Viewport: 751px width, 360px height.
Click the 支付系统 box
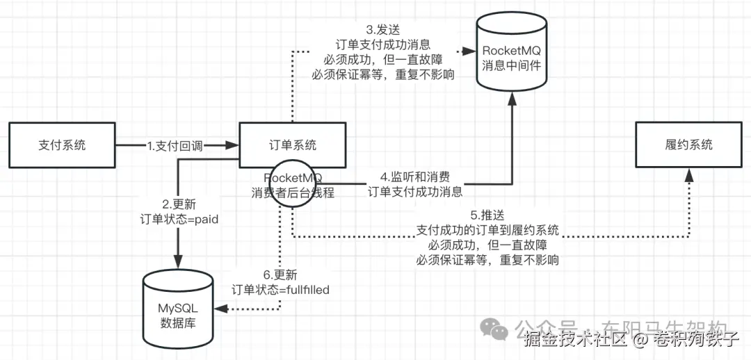click(x=61, y=145)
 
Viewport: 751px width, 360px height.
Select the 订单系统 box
click(x=293, y=145)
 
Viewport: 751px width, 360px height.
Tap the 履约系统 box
click(x=688, y=145)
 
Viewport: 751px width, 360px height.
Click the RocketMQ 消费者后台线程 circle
click(x=293, y=184)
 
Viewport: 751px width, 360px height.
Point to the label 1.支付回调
click(x=177, y=146)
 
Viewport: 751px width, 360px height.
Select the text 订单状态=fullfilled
click(x=280, y=290)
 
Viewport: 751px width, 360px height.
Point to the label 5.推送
click(x=487, y=215)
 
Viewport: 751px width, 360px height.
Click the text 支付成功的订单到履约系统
click(x=487, y=230)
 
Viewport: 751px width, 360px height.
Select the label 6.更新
click(x=280, y=275)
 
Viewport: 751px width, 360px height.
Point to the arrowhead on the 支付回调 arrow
click(x=233, y=146)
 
